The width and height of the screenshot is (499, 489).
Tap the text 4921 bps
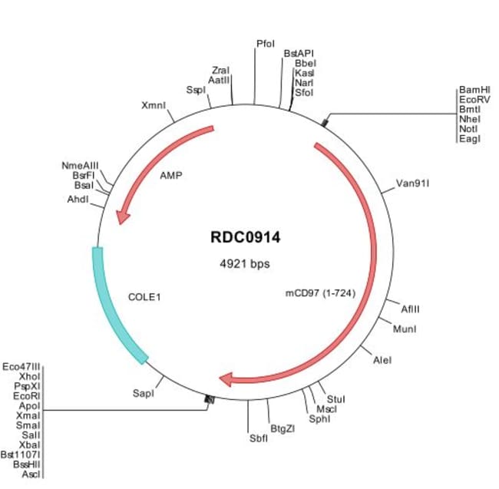(x=245, y=263)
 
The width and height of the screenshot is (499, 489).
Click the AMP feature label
(x=171, y=175)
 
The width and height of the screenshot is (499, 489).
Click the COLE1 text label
(x=145, y=294)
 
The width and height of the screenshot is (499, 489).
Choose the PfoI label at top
(x=265, y=45)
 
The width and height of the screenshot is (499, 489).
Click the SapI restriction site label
(x=144, y=392)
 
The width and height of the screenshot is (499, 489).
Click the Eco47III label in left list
(x=22, y=366)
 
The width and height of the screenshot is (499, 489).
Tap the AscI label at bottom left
(x=31, y=476)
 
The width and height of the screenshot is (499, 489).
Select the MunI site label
(x=405, y=329)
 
